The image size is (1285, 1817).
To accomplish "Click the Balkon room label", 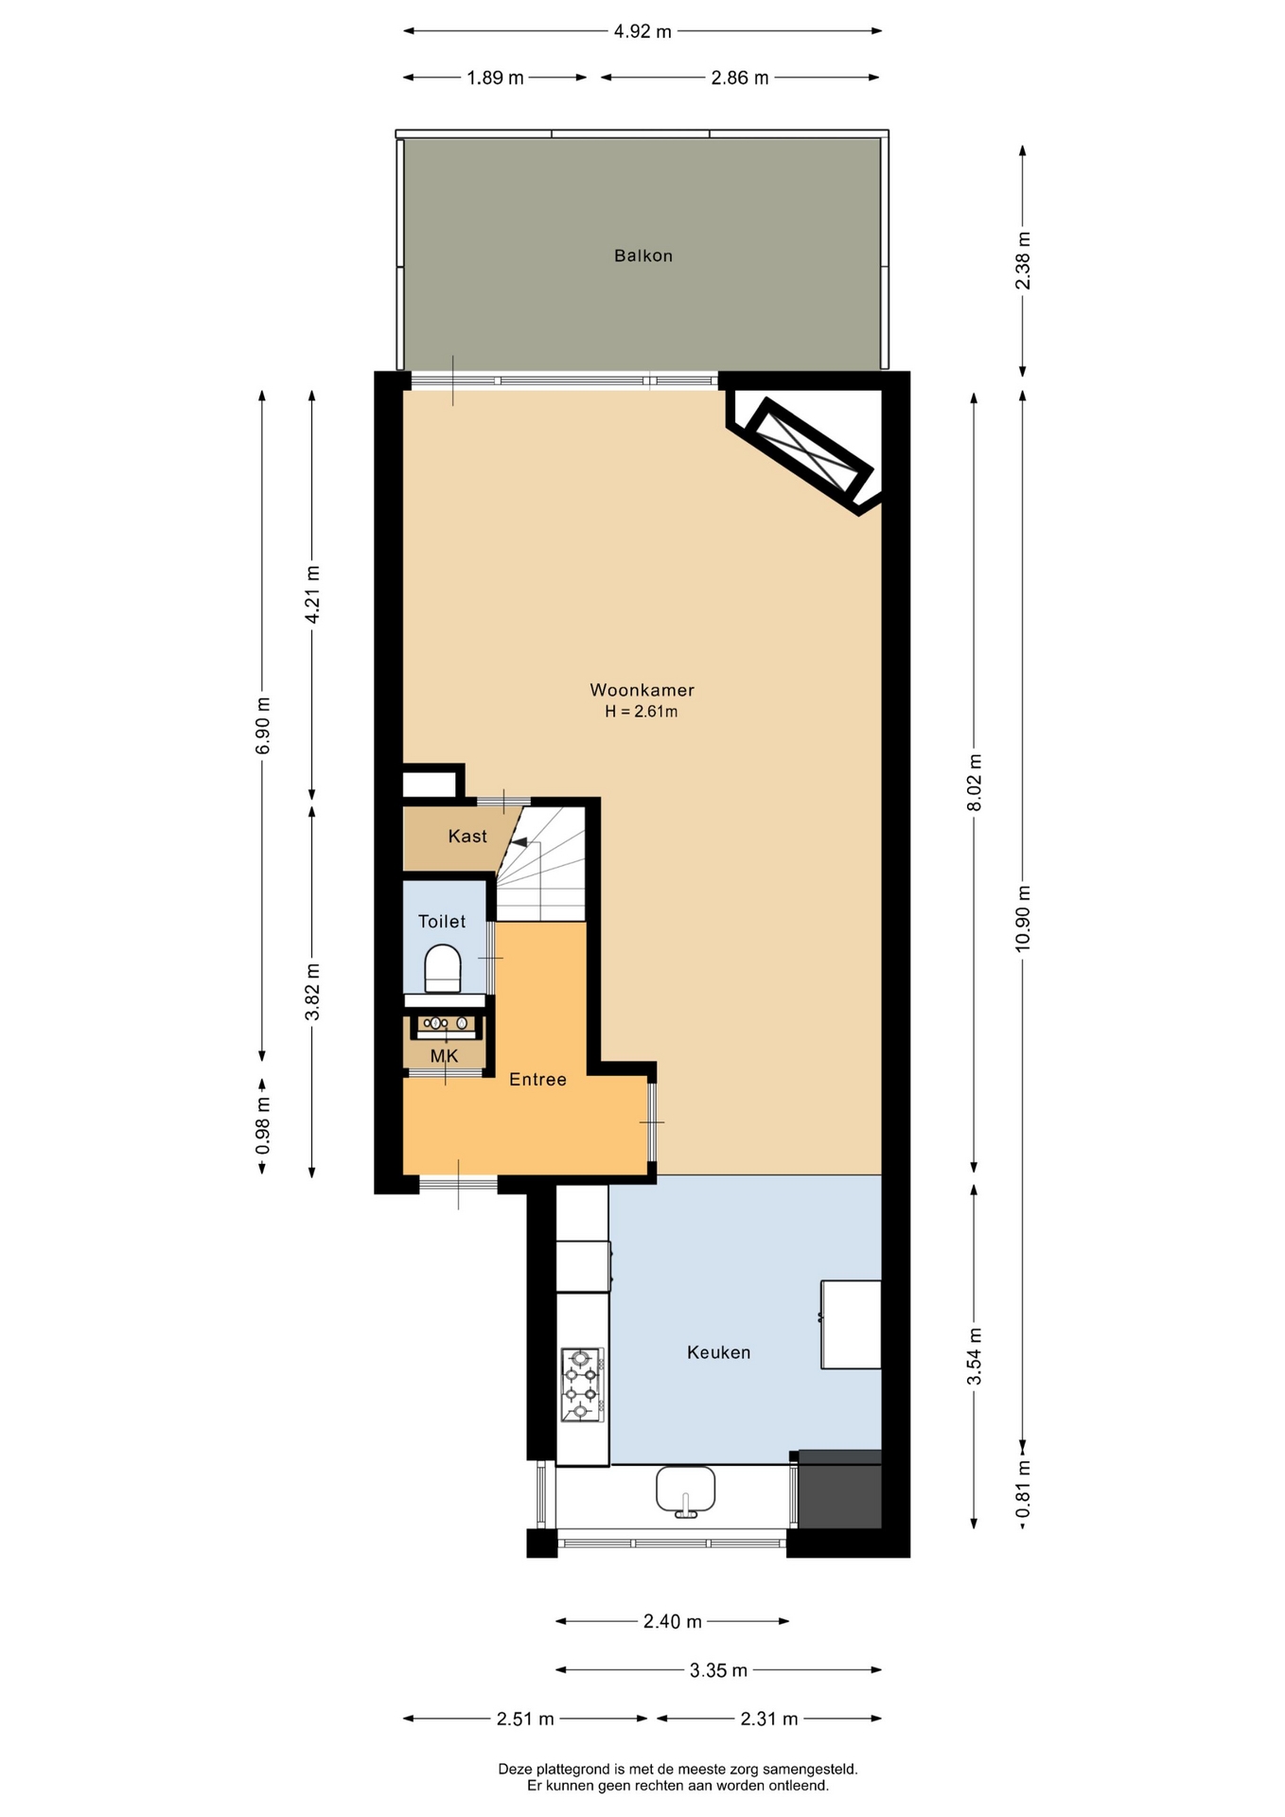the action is [642, 256].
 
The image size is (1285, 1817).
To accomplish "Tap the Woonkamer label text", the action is [642, 690].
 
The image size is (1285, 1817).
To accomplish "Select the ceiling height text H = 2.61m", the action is [642, 712].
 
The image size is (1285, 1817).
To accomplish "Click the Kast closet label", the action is [467, 836].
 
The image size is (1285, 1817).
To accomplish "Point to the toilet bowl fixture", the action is [442, 968].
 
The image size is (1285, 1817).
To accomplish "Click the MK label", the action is [444, 1056].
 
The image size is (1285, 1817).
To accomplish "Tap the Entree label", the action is [537, 1079].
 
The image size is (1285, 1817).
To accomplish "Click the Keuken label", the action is [718, 1352].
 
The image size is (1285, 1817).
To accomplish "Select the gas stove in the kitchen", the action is [582, 1385].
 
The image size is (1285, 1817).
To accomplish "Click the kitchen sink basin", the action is [685, 1491].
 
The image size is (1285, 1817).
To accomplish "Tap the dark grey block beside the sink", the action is [839, 1489].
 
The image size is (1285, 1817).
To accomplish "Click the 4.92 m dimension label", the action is [642, 31].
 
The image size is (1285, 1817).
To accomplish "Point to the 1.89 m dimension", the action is [495, 78].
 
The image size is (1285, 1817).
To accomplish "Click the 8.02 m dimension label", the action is [975, 782].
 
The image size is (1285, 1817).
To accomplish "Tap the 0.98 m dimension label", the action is [263, 1125].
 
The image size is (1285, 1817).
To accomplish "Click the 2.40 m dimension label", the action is [673, 1621].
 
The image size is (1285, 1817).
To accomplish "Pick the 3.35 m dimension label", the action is [718, 1670].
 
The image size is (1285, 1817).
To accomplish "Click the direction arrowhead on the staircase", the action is [519, 841].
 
